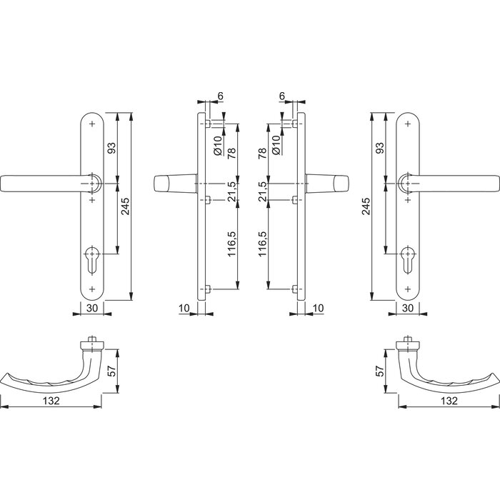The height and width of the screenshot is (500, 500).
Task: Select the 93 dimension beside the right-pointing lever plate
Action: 379,148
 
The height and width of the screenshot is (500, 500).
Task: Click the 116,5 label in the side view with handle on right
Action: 262,244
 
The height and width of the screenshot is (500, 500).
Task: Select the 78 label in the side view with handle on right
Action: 262,153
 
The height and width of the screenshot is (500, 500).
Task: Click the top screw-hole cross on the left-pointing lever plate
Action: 93,124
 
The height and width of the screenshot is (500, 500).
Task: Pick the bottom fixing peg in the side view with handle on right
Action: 294,289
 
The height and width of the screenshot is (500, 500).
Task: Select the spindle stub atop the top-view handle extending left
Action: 92,340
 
